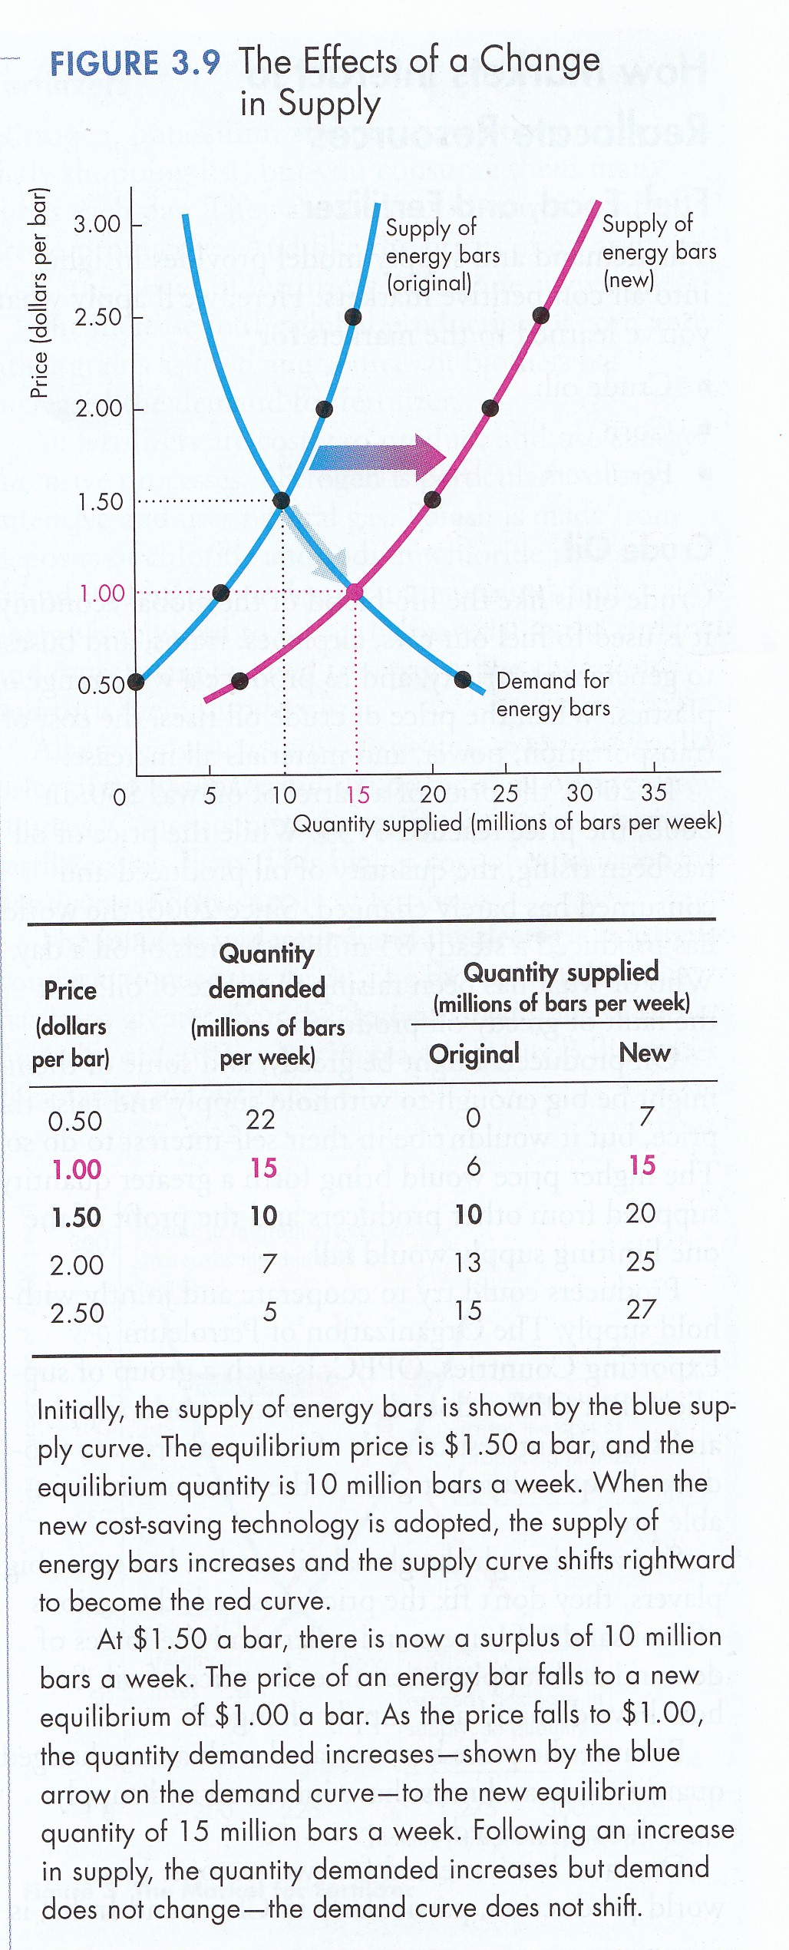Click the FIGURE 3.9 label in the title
tap(134, 63)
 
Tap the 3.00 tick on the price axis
tap(97, 224)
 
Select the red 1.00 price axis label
tap(101, 593)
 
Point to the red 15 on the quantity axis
tap(358, 795)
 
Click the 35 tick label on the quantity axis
tap(653, 792)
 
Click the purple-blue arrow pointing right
tap(378, 458)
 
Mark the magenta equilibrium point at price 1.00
tap(355, 592)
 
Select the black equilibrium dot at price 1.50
tap(282, 501)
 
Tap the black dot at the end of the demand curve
tap(463, 679)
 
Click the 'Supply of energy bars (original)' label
tap(442, 255)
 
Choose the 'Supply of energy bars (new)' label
tap(658, 251)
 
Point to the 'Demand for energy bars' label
tap(553, 694)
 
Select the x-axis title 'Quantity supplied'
tap(507, 823)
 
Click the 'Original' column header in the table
tap(474, 1054)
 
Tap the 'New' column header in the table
tap(645, 1053)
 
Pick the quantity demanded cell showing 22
tap(261, 1119)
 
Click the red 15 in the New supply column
tap(642, 1165)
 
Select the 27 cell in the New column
tap(642, 1309)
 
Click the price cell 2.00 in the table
tap(77, 1264)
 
